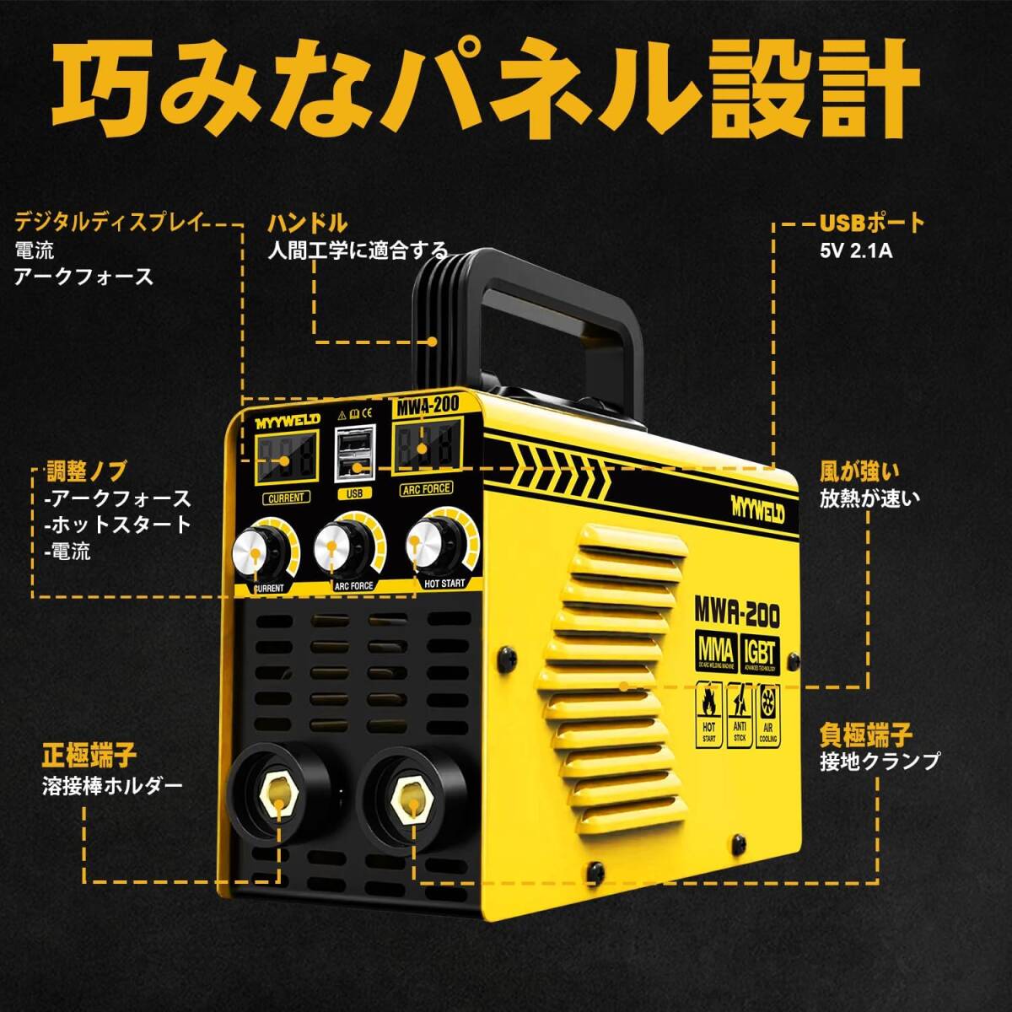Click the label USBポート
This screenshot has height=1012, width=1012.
click(x=872, y=223)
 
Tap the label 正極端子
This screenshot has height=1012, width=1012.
click(x=89, y=754)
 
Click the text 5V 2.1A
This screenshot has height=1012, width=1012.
click(x=855, y=250)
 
